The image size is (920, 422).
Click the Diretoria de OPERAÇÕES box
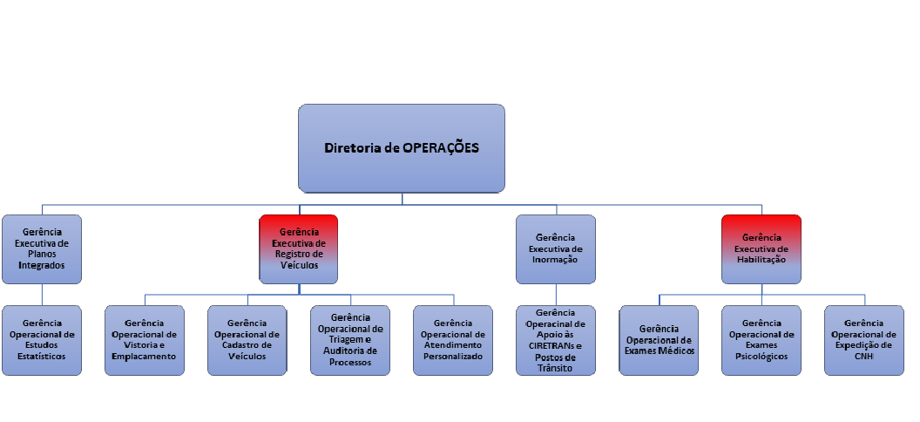click(x=402, y=148)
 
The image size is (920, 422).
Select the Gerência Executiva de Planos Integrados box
click(x=41, y=248)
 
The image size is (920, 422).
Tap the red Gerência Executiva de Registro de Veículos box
click(x=299, y=248)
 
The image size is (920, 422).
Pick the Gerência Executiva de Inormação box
click(x=556, y=248)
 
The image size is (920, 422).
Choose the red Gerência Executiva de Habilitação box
click(x=761, y=248)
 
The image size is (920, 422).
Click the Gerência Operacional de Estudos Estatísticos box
click(x=41, y=340)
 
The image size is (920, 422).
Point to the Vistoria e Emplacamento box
click(x=145, y=340)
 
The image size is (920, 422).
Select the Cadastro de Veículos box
click(x=247, y=340)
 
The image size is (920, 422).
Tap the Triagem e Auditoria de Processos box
click(x=350, y=340)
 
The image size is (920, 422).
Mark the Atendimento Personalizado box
click(x=453, y=340)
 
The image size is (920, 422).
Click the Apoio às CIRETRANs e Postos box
click(x=556, y=340)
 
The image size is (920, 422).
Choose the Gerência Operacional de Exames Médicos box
click(x=659, y=340)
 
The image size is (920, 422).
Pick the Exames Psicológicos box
click(x=761, y=340)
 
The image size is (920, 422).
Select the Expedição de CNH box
click(x=863, y=340)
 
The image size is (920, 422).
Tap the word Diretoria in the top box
click(x=354, y=148)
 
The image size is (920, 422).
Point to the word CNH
click(x=863, y=356)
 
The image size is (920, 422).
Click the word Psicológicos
click(x=761, y=356)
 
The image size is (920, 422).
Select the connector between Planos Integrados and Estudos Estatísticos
click(x=41, y=294)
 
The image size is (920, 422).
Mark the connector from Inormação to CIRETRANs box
click(x=556, y=294)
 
